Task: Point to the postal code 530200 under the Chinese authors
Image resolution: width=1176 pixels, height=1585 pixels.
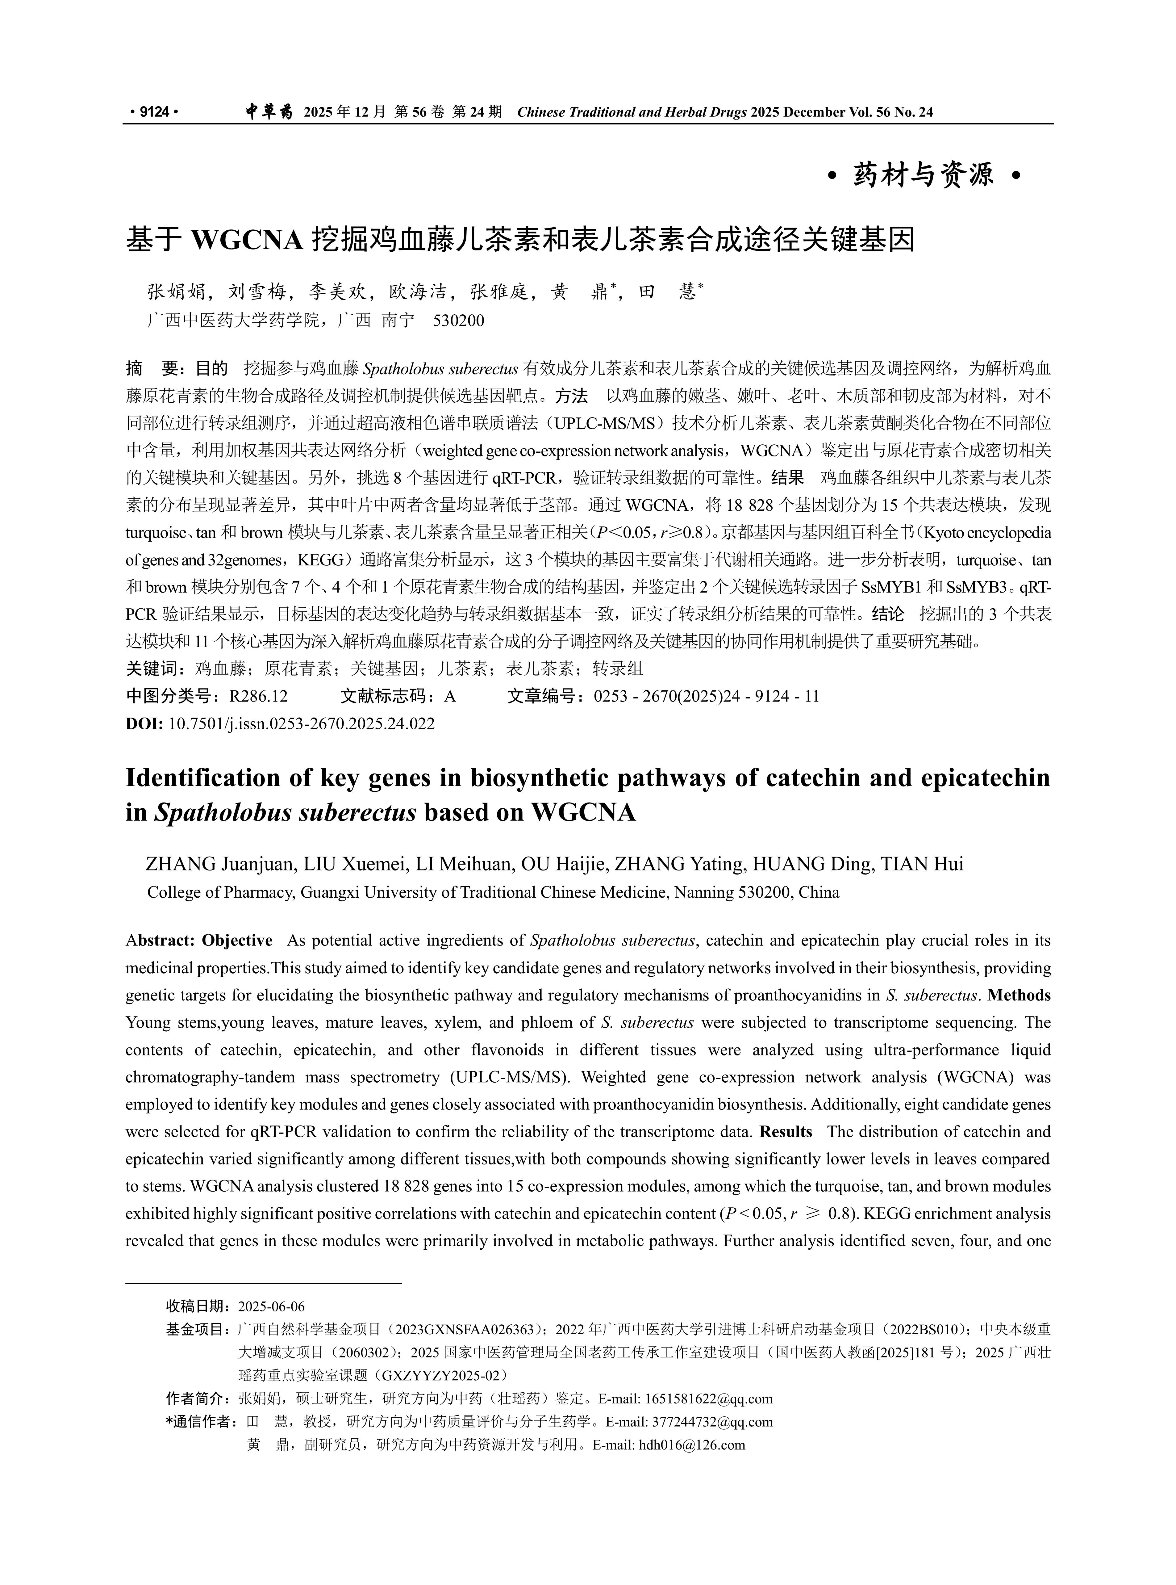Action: tap(458, 321)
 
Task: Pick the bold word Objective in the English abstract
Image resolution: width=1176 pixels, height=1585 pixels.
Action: tap(237, 941)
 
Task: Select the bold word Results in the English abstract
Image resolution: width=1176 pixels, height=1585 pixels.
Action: tap(786, 1132)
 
